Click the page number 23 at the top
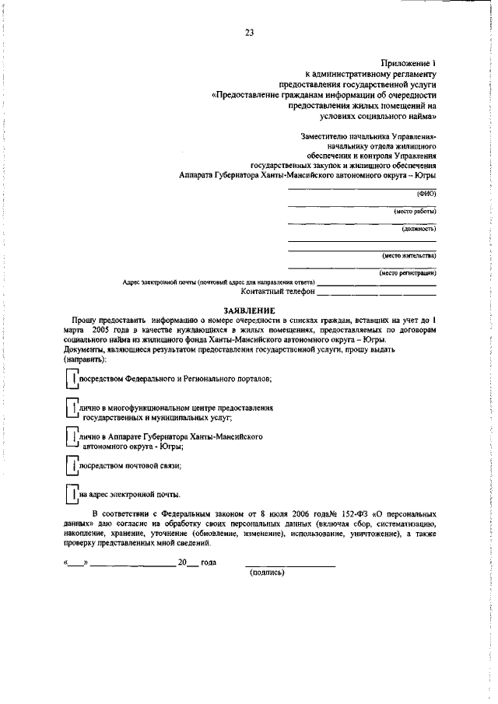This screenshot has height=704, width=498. click(x=249, y=33)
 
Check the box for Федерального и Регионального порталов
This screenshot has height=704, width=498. click(x=72, y=379)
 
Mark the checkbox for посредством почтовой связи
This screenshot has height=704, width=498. click(x=72, y=466)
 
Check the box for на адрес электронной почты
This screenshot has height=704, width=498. click(x=72, y=494)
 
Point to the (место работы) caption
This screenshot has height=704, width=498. click(x=415, y=211)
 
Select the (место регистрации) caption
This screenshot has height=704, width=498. click(x=408, y=272)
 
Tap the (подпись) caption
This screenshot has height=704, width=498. click(x=267, y=573)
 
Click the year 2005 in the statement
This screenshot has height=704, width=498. click(x=100, y=330)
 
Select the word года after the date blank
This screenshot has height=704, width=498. click(x=209, y=562)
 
